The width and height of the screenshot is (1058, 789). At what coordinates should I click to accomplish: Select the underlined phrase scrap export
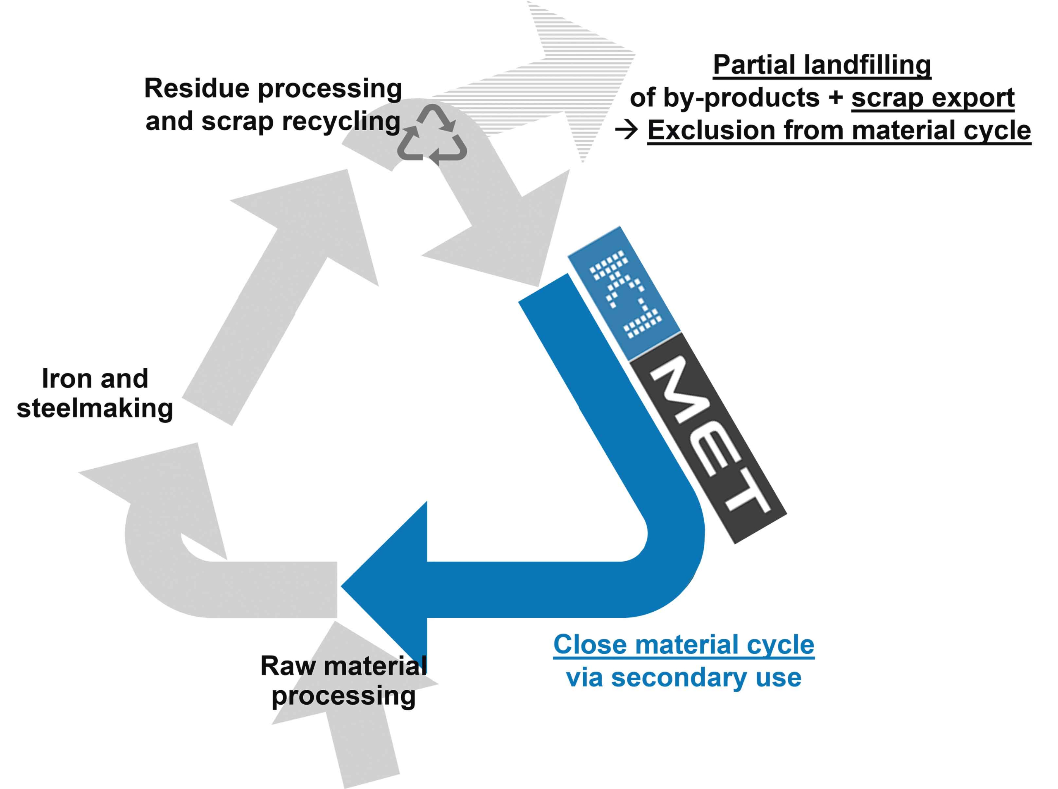tap(932, 98)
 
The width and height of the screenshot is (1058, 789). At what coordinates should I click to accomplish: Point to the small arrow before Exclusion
tap(627, 130)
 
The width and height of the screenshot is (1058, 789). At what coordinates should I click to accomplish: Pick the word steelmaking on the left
tap(95, 409)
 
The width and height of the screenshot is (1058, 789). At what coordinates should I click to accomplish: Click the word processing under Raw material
tap(343, 696)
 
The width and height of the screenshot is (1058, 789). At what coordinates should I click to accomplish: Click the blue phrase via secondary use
tap(683, 678)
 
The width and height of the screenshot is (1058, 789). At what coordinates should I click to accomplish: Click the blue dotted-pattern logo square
tap(624, 294)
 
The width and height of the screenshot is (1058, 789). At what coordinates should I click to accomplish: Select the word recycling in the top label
tap(341, 122)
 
